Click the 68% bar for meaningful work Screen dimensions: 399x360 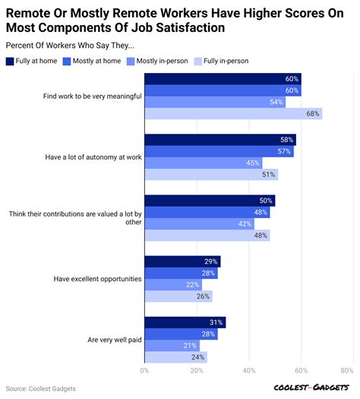(x=232, y=113)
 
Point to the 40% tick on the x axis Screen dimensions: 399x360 (x=248, y=371)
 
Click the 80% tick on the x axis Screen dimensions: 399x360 (x=347, y=371)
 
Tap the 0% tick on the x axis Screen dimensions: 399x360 (x=145, y=371)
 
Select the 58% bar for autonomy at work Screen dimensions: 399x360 (x=219, y=140)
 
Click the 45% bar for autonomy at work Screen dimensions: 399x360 (x=203, y=163)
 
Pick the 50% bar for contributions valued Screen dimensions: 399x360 (x=209, y=201)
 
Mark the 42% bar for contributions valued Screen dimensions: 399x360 (x=199, y=223)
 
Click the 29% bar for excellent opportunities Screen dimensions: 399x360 (x=182, y=261)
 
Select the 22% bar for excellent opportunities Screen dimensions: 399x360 (x=173, y=284)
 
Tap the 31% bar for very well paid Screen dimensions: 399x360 (x=185, y=322)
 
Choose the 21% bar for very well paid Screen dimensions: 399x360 (x=172, y=345)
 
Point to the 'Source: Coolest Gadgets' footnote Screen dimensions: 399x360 (x=41, y=389)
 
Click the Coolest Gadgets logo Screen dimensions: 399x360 (x=311, y=388)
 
